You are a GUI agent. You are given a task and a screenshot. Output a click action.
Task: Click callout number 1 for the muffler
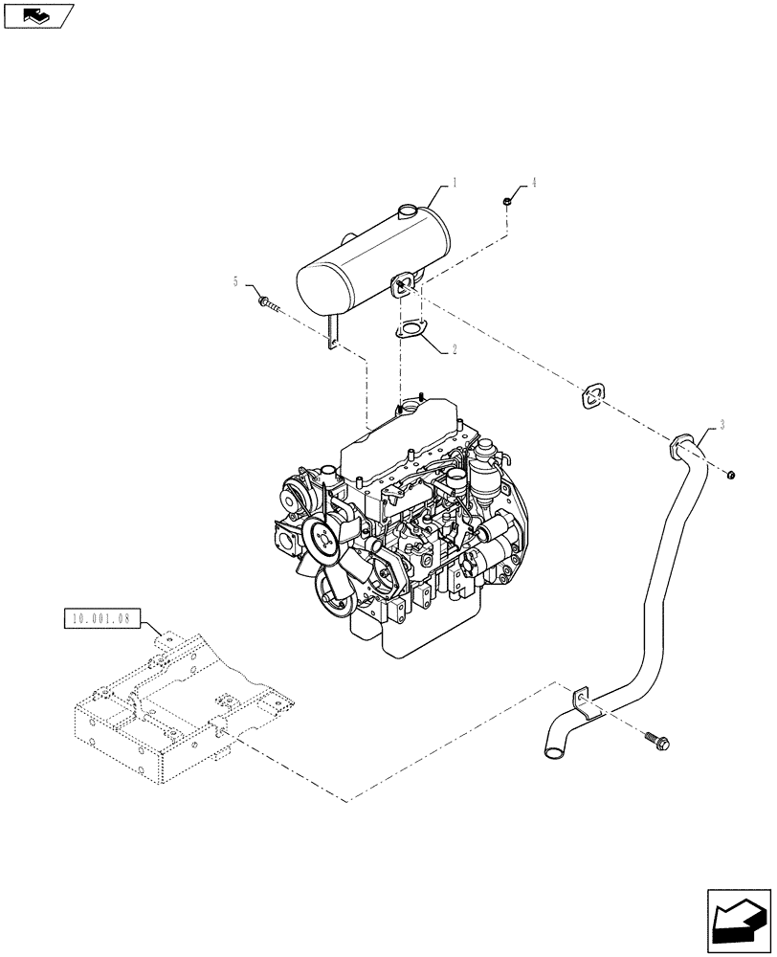pyautogui.click(x=455, y=183)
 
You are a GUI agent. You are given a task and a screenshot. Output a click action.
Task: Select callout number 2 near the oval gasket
pyautogui.click(x=454, y=350)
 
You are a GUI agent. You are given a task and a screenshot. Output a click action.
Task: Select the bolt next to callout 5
pyautogui.click(x=268, y=304)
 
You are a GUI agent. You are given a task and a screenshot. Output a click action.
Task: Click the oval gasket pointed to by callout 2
pyautogui.click(x=411, y=330)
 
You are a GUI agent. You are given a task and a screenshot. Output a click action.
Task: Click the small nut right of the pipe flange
pyautogui.click(x=730, y=473)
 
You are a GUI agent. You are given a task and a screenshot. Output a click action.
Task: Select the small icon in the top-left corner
pyautogui.click(x=37, y=14)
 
